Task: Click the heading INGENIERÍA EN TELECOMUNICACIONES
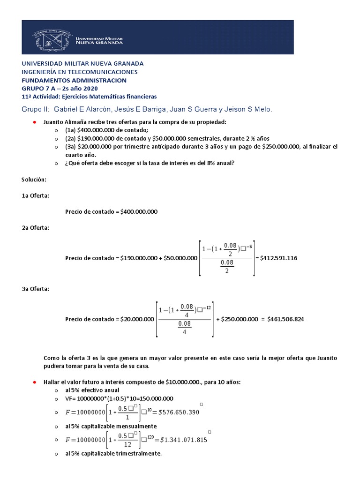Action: [x=80, y=72]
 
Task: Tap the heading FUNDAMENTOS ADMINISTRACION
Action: [x=74, y=80]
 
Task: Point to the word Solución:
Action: [x=34, y=180]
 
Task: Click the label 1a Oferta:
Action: [x=35, y=195]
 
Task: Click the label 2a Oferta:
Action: [x=35, y=227]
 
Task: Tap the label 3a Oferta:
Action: [x=35, y=289]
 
